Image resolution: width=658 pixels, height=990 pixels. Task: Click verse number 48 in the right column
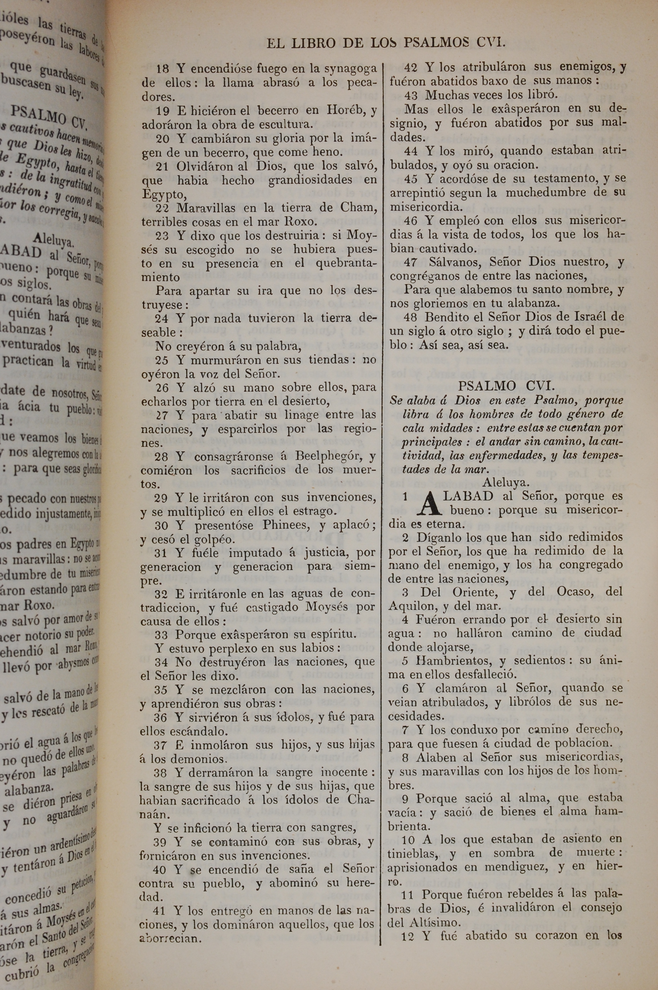pos(412,317)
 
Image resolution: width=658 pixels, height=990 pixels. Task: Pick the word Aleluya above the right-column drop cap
pos(505,482)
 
